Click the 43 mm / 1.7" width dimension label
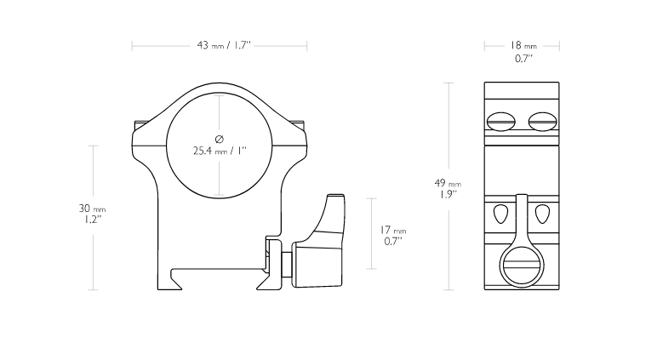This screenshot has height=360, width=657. (224, 45)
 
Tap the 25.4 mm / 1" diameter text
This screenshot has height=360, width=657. (220, 151)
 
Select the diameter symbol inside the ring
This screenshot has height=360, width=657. (219, 139)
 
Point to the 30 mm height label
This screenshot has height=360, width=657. (92, 209)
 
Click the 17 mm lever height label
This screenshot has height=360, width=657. (393, 230)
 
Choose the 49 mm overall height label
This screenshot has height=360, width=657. (448, 183)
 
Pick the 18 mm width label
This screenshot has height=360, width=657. (523, 45)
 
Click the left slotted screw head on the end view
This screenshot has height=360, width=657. (501, 122)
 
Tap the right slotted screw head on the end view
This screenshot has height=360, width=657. (543, 122)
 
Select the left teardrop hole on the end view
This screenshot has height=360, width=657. (501, 214)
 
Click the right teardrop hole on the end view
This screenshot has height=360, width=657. (542, 214)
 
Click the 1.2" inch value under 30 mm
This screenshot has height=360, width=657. (90, 220)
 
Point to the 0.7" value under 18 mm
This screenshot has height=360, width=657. (523, 58)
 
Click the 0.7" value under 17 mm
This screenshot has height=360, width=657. (392, 241)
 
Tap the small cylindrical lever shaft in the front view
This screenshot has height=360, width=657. (288, 264)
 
